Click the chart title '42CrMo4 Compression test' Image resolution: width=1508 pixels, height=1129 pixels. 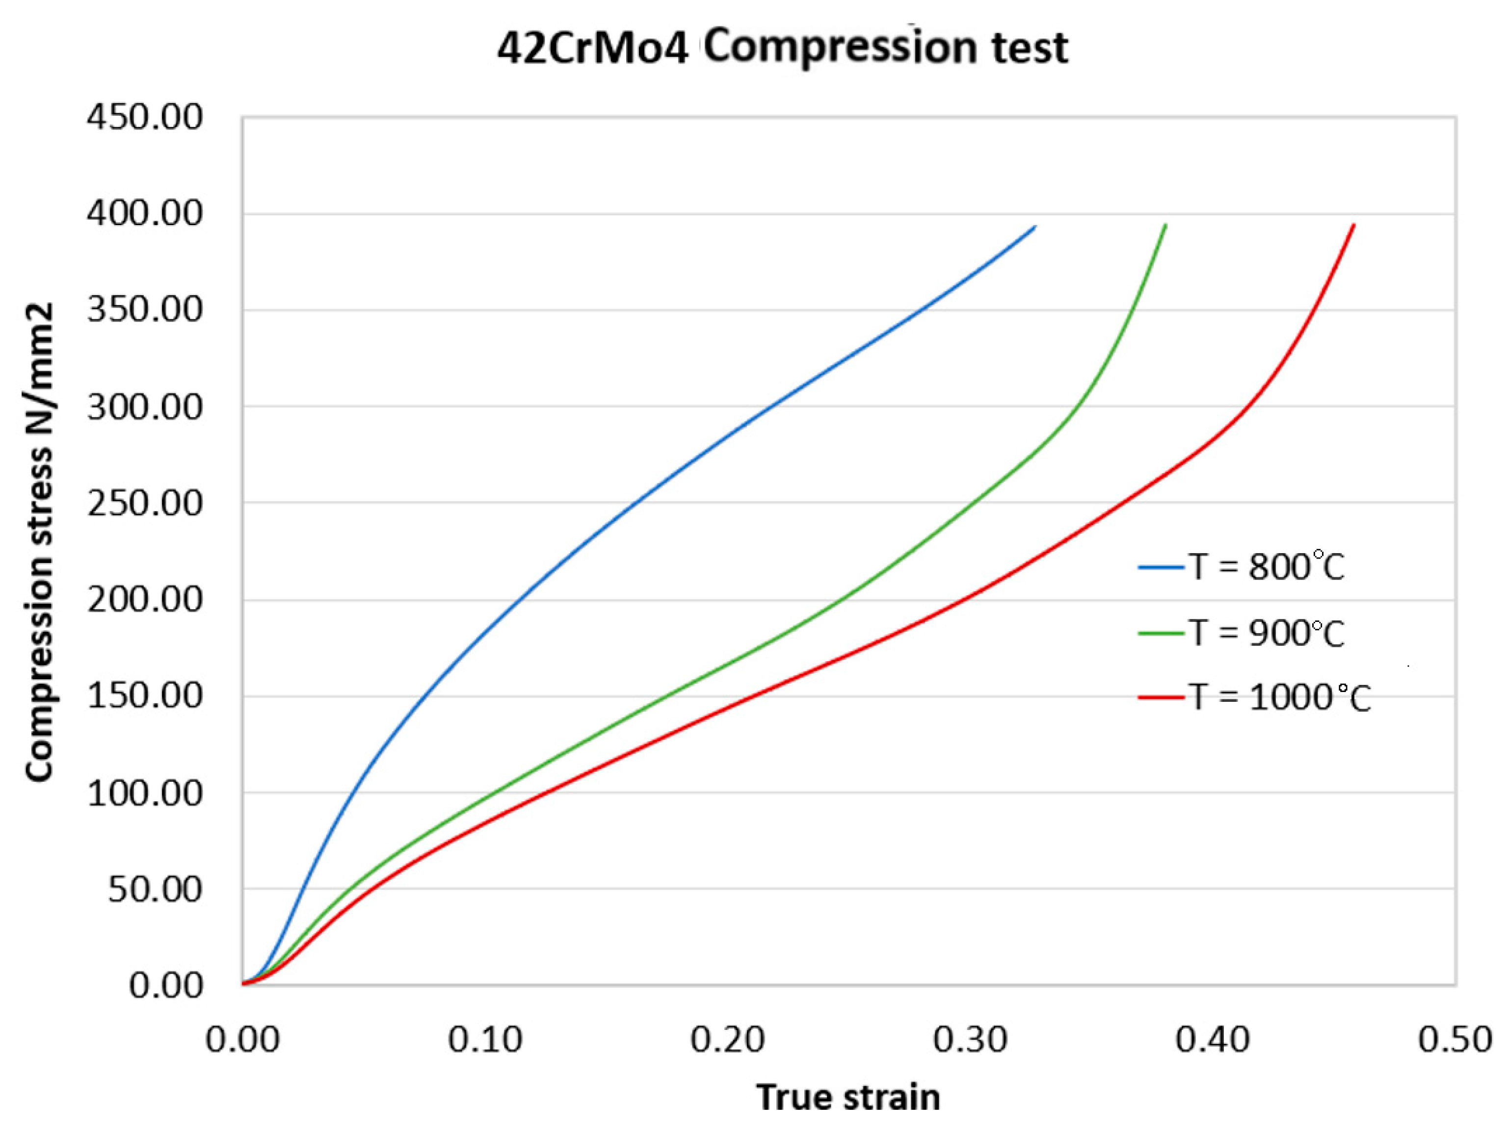coord(783,48)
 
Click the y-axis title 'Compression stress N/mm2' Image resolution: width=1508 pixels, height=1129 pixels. coord(40,542)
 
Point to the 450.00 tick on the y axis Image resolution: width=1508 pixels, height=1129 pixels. coord(145,117)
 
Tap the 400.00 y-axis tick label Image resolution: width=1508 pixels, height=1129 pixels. coord(145,214)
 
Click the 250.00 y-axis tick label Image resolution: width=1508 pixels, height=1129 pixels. coord(145,504)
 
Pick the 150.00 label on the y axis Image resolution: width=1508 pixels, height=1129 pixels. coord(145,696)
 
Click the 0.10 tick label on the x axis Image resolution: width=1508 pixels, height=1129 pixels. coord(485,1040)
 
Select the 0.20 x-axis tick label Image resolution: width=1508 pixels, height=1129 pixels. coord(727,1040)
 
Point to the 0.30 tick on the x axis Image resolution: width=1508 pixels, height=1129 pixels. coord(970,1040)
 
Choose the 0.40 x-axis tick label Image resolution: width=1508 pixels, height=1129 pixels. coord(1213,1040)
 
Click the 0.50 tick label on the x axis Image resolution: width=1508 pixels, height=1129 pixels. coord(1455,1040)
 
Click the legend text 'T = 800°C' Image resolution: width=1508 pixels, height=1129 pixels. coord(1267,567)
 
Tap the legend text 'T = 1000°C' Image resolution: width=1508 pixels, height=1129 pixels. coord(1280,698)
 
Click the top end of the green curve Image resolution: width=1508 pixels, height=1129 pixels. coord(1166,225)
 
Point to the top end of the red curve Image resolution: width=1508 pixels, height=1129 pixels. coord(1354,225)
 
